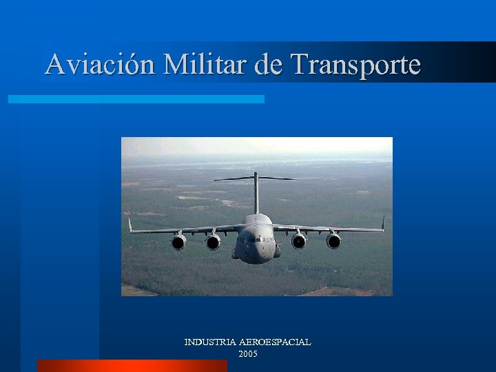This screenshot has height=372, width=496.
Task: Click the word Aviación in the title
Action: tap(101, 65)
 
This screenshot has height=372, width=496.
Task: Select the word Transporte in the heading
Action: tap(355, 65)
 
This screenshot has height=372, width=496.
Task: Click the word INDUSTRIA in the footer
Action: tap(210, 342)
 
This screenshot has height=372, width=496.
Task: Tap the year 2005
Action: tap(248, 353)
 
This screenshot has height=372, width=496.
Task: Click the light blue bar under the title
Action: tap(136, 99)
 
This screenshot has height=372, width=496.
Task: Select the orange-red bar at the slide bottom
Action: tap(132, 366)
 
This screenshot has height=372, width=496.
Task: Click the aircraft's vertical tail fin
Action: tap(256, 193)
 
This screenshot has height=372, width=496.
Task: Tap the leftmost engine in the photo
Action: tap(178, 242)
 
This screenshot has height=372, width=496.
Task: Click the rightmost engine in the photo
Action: tap(333, 241)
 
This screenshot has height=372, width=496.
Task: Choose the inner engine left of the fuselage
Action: tap(214, 242)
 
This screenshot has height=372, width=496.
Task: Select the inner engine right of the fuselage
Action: tap(298, 241)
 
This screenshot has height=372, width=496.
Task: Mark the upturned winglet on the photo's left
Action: tap(130, 225)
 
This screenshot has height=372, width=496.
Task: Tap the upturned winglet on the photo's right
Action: tap(383, 223)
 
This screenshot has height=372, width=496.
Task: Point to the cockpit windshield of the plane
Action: tap(256, 237)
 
